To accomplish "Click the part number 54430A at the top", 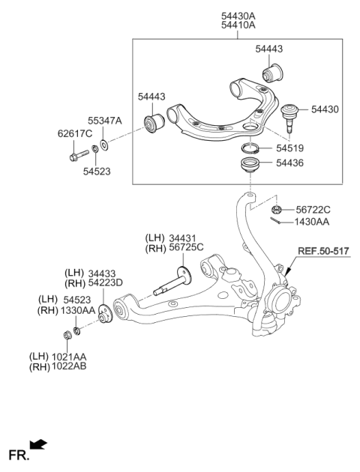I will (238, 13).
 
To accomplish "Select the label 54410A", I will (238, 24).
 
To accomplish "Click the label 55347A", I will (104, 120).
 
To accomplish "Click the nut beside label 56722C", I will (277, 211).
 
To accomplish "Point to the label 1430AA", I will (312, 223).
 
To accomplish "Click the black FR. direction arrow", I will (38, 447).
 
